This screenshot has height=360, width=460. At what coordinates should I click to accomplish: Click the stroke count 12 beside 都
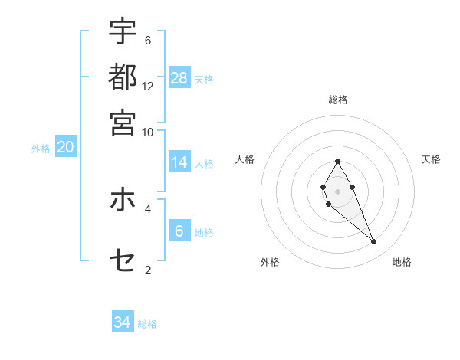(x=148, y=86)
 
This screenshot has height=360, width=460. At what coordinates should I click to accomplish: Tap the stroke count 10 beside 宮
(x=148, y=132)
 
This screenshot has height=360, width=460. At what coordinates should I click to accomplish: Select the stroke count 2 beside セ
(x=148, y=270)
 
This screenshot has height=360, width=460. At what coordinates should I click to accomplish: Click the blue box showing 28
(x=179, y=77)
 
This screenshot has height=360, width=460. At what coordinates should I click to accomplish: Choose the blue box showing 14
(x=179, y=162)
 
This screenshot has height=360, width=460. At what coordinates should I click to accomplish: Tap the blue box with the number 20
(x=65, y=148)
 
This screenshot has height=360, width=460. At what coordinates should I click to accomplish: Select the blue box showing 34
(x=123, y=322)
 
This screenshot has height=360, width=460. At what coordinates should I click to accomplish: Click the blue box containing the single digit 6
(x=179, y=231)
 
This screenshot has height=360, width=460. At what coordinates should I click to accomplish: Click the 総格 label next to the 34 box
(x=147, y=324)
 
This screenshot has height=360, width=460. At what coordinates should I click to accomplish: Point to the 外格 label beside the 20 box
(x=41, y=149)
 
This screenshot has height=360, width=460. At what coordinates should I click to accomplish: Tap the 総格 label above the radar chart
(x=338, y=100)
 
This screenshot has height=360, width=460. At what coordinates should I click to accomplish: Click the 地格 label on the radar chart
(x=402, y=262)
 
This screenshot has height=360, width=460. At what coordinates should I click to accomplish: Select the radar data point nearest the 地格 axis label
(x=374, y=242)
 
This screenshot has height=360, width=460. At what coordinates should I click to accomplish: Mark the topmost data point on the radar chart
(x=337, y=161)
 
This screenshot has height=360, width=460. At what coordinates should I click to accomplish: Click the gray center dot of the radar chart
(x=337, y=190)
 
